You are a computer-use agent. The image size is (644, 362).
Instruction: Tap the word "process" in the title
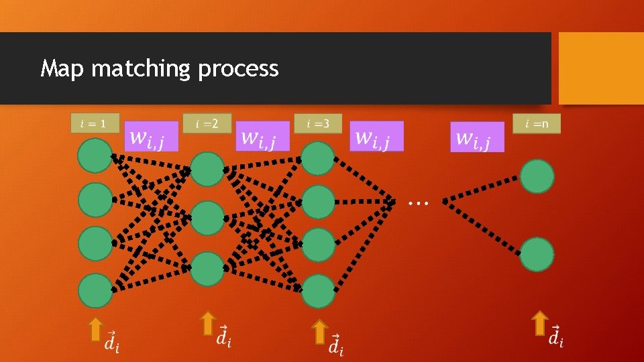[238, 69]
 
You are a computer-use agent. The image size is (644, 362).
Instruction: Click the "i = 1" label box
[95, 123]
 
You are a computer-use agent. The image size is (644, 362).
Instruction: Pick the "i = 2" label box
[207, 123]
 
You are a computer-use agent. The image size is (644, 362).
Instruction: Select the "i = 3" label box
[317, 123]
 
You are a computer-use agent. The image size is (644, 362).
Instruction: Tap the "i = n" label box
[536, 123]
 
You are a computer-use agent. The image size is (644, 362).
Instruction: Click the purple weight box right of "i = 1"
[152, 136]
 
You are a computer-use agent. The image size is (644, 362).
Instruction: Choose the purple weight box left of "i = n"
[477, 137]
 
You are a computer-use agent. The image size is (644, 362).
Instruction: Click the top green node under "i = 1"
[95, 156]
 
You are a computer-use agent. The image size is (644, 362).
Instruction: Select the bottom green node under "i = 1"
[95, 291]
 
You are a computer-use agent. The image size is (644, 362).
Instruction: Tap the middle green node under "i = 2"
[207, 218]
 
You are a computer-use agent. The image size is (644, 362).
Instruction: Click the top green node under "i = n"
[537, 176]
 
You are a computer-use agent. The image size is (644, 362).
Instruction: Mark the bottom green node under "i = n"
[537, 254]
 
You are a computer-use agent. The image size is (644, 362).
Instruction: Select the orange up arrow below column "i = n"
[539, 322]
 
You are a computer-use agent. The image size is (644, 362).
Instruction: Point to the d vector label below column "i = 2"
[224, 336]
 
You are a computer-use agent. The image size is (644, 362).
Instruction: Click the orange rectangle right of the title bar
[601, 68]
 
